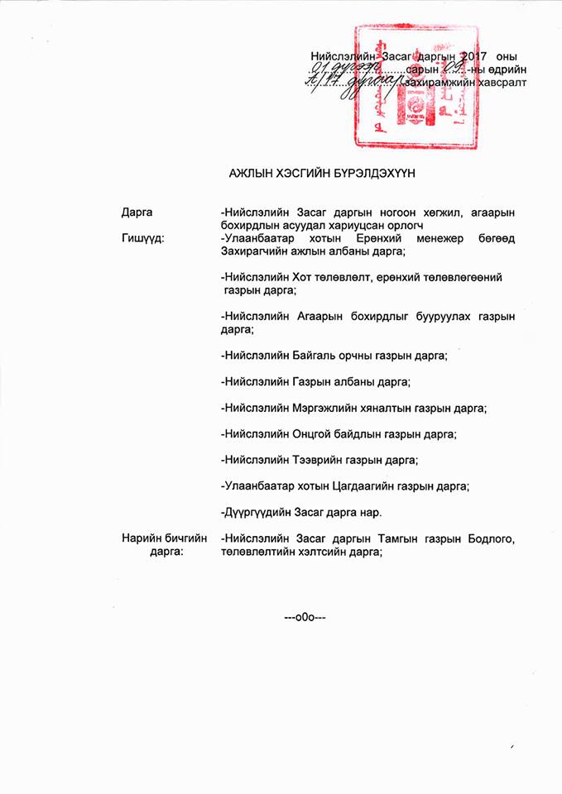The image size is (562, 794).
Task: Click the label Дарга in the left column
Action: tap(137, 213)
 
